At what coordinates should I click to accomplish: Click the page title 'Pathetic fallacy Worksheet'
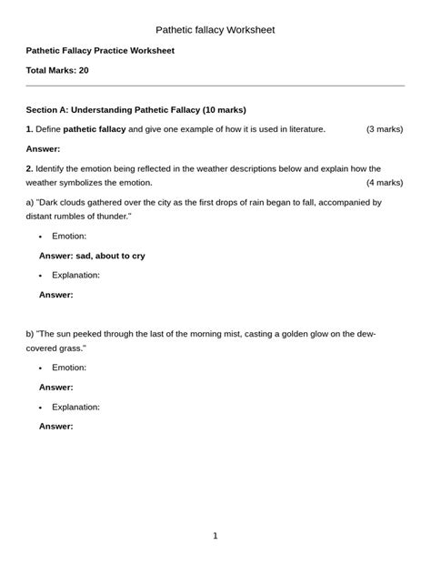(x=215, y=30)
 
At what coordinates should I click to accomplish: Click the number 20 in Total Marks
(x=83, y=70)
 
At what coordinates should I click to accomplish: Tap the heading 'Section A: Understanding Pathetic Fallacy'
(x=136, y=109)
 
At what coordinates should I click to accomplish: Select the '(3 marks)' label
(x=385, y=129)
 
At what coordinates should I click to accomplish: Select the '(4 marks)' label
(x=385, y=183)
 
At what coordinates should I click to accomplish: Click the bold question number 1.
(x=29, y=129)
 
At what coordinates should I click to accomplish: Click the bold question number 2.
(x=29, y=169)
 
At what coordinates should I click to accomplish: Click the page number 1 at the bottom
(x=215, y=536)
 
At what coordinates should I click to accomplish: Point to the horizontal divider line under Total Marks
(x=215, y=86)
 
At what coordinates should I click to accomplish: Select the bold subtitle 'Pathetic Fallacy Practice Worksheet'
(x=100, y=50)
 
